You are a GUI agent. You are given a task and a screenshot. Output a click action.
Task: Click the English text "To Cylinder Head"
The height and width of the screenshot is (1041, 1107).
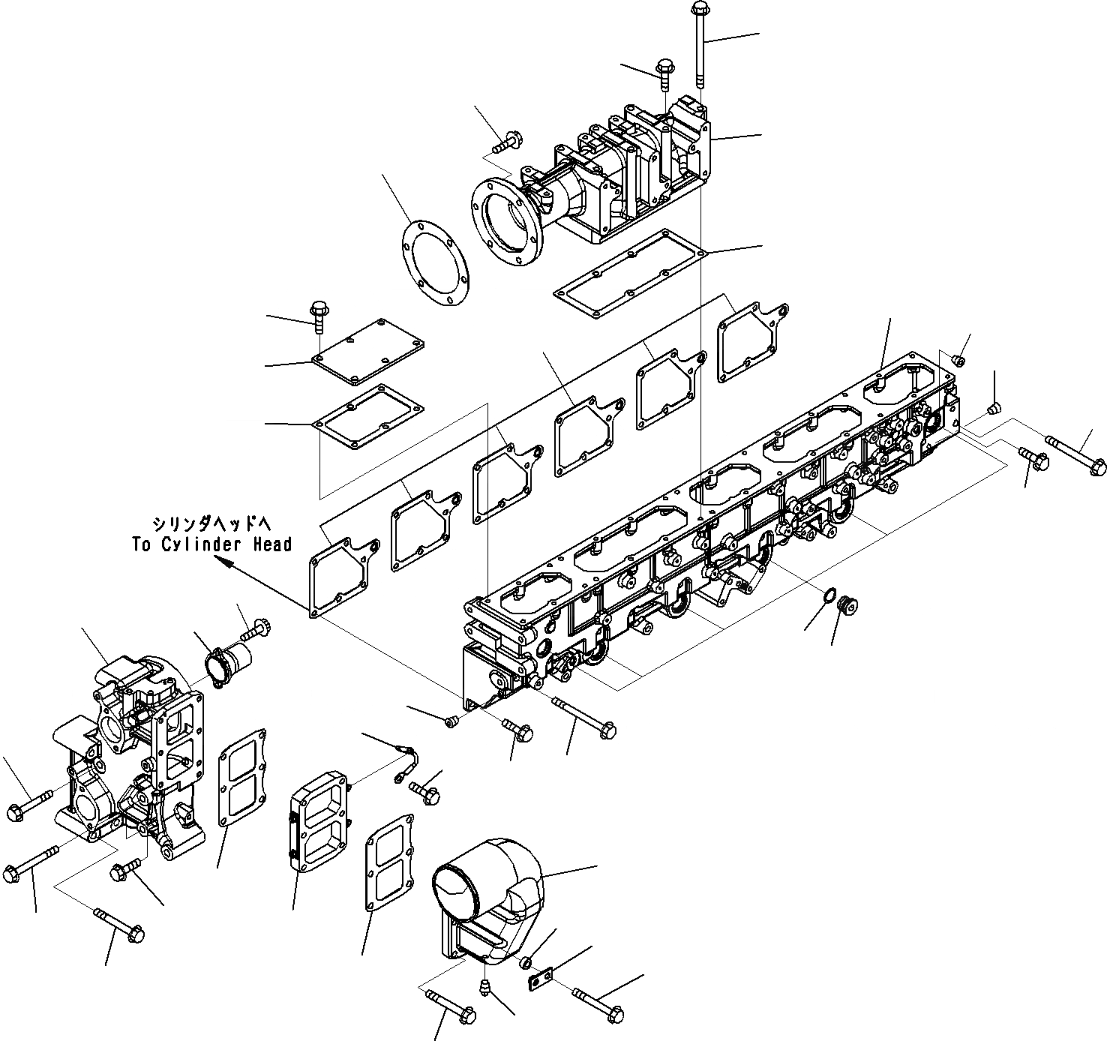[x=211, y=544]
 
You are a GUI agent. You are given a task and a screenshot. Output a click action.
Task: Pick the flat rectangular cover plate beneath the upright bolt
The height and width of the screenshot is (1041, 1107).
[x=368, y=351]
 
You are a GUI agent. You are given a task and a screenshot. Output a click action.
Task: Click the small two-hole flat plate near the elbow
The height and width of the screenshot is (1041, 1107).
[x=539, y=979]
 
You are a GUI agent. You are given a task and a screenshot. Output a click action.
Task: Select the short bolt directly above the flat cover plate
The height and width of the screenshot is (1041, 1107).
[x=318, y=315]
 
